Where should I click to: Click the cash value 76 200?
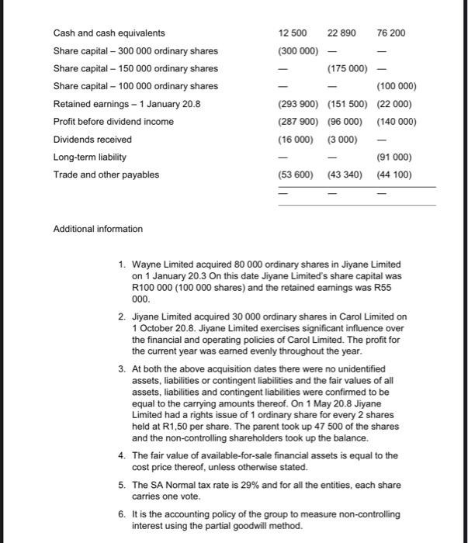[x=390, y=33]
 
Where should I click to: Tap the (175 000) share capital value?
[x=346, y=68]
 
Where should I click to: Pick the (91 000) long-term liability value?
[x=395, y=157]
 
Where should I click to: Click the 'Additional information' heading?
[x=98, y=229]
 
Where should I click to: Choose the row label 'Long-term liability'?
[x=89, y=157]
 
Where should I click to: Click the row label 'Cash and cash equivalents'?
[x=109, y=33]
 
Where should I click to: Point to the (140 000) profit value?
[x=396, y=122]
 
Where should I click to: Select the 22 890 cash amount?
[x=341, y=33]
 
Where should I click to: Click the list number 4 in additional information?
[x=122, y=455]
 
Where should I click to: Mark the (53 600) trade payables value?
[x=296, y=175]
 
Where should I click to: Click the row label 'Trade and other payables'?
[x=106, y=175]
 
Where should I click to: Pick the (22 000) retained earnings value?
[x=395, y=104]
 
